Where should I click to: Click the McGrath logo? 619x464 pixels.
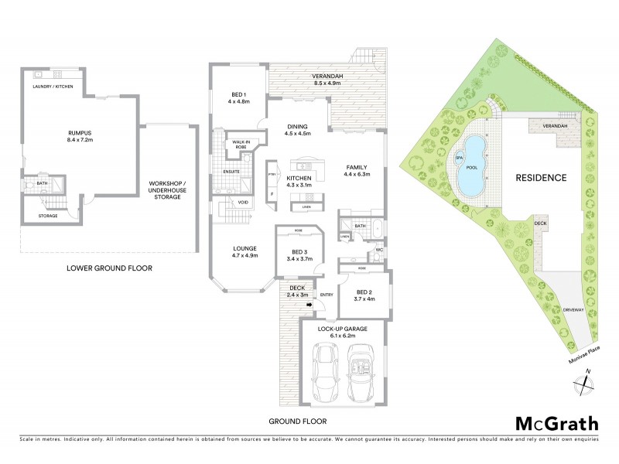(556, 423)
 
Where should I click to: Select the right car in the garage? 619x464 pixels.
(361, 372)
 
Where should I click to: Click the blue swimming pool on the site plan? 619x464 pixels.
(470, 165)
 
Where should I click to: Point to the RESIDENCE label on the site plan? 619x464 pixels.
(541, 177)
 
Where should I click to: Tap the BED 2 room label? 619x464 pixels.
(364, 295)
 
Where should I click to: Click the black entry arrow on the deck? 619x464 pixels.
(308, 305)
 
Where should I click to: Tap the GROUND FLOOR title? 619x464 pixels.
(297, 421)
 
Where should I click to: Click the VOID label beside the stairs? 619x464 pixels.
(243, 203)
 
